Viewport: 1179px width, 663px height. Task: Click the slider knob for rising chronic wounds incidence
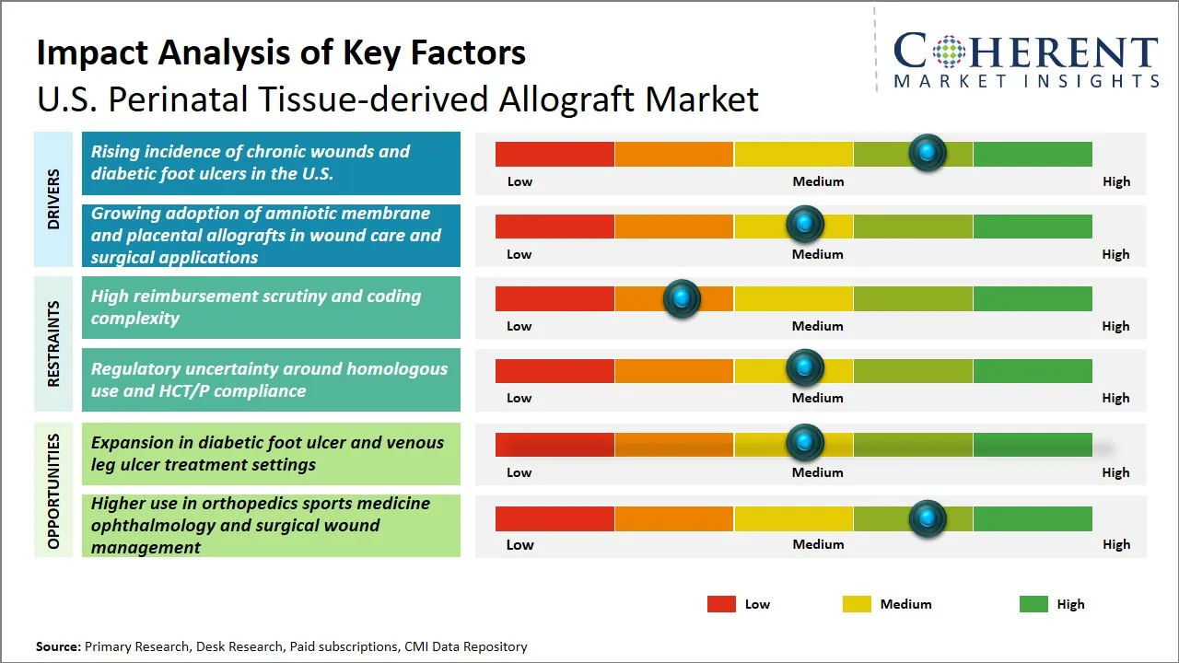[x=927, y=152]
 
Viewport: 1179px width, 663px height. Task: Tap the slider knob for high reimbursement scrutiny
[x=682, y=298]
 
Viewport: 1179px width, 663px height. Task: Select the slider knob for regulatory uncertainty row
[x=805, y=368]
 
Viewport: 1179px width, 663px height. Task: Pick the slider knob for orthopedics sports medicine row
[x=927, y=519]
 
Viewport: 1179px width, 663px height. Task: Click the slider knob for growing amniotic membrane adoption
[x=805, y=224]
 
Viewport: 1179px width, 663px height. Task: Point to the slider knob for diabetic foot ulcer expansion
[x=805, y=443]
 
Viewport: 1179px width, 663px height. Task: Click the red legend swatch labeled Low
[x=721, y=604]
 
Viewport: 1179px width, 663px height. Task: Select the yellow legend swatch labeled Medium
[x=857, y=604]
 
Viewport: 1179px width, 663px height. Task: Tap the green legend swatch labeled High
[x=1033, y=604]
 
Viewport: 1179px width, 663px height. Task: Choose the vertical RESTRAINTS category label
[x=53, y=343]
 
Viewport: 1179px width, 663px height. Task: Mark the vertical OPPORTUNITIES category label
[x=53, y=491]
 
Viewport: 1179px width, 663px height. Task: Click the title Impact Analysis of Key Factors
[x=281, y=52]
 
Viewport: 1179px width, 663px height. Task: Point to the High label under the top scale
[x=1115, y=181]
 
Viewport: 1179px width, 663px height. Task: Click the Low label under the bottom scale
[x=519, y=544]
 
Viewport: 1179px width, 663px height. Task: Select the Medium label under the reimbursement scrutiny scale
[x=817, y=326]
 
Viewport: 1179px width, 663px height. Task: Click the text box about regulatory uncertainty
[x=271, y=379]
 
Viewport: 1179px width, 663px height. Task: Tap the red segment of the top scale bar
[x=554, y=154]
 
